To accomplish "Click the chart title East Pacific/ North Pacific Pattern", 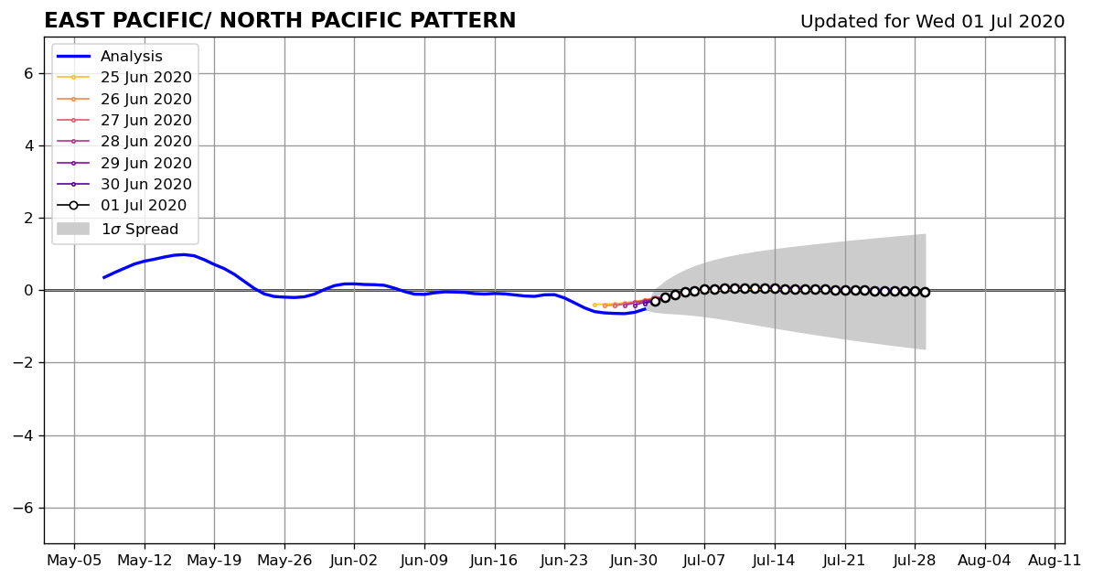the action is [280, 21].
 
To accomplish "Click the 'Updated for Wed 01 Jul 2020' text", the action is [932, 22].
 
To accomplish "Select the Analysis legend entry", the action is [110, 57].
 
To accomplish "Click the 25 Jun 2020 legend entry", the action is [124, 78].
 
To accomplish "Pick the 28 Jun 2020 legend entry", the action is [124, 142].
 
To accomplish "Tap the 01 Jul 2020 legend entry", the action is [122, 206].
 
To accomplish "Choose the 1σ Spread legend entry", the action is [117, 230].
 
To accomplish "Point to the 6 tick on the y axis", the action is [27, 74].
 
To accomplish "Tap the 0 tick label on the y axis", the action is [27, 291].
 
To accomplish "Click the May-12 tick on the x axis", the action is [145, 560].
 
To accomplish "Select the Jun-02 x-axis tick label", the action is [354, 560].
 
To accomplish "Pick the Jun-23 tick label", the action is [564, 560].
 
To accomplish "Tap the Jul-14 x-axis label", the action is [775, 560].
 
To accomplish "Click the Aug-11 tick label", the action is [1055, 560].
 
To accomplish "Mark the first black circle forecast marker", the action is [655, 302].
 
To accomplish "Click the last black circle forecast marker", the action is [925, 293].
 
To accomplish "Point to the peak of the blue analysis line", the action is [183, 254].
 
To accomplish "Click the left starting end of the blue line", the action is [104, 277].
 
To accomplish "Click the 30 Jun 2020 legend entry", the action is [124, 185].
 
